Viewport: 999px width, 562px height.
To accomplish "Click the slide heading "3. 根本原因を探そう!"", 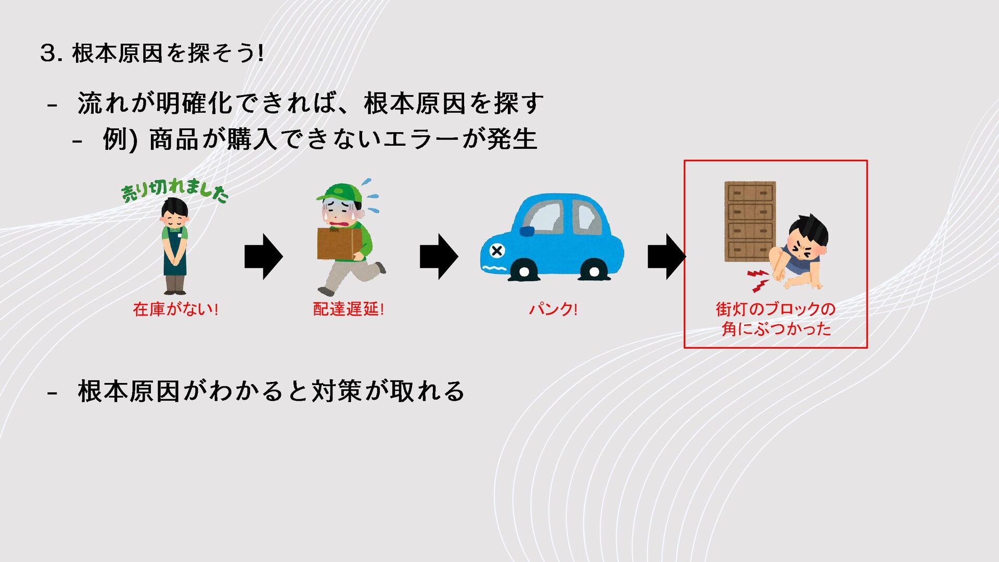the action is pyautogui.click(x=152, y=53).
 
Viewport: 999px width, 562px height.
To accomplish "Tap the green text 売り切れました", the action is pyautogui.click(x=174, y=191).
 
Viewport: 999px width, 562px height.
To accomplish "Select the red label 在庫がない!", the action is pyautogui.click(x=175, y=309).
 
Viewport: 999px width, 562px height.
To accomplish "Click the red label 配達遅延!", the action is pyautogui.click(x=348, y=309).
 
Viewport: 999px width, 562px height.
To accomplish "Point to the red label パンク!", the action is pyautogui.click(x=553, y=309).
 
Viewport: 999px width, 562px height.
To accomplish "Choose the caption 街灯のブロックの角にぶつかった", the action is pyautogui.click(x=775, y=319).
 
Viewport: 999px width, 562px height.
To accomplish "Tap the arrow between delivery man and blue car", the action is pyautogui.click(x=439, y=257).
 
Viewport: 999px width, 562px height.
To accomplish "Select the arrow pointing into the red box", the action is pyautogui.click(x=666, y=257).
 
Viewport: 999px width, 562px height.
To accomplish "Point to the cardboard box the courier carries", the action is pyautogui.click(x=339, y=243).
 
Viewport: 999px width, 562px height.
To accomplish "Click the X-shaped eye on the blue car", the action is pyautogui.click(x=497, y=251).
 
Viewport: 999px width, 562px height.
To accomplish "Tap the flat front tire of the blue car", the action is pyautogui.click(x=524, y=271).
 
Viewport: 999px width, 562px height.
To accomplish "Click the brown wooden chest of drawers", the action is pyautogui.click(x=750, y=221).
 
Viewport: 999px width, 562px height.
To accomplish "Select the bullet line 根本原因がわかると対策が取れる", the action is pyautogui.click(x=271, y=391).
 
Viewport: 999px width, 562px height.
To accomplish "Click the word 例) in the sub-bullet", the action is pyautogui.click(x=120, y=139).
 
